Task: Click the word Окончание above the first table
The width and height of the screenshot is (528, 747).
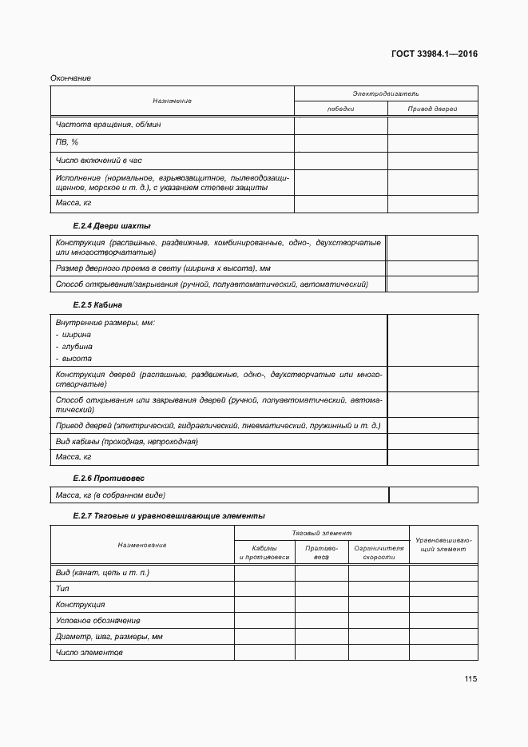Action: pos(70,78)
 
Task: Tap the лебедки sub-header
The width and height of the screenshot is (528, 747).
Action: pos(340,109)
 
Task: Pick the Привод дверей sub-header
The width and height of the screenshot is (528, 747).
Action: pos(432,109)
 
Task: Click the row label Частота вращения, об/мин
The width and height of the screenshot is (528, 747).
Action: pos(109,125)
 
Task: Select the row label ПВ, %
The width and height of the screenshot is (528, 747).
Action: pos(67,142)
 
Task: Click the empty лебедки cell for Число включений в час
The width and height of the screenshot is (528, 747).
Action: pos(340,160)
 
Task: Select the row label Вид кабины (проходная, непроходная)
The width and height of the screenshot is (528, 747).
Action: pos(126,441)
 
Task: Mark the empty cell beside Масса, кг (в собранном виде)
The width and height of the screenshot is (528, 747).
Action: pos(432,495)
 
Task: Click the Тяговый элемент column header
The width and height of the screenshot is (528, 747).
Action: pos(321,532)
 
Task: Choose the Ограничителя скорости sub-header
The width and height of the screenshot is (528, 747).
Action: pos(379,552)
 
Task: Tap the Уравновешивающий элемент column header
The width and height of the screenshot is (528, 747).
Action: pos(443,545)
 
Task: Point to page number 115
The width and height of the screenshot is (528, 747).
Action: pos(470,679)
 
